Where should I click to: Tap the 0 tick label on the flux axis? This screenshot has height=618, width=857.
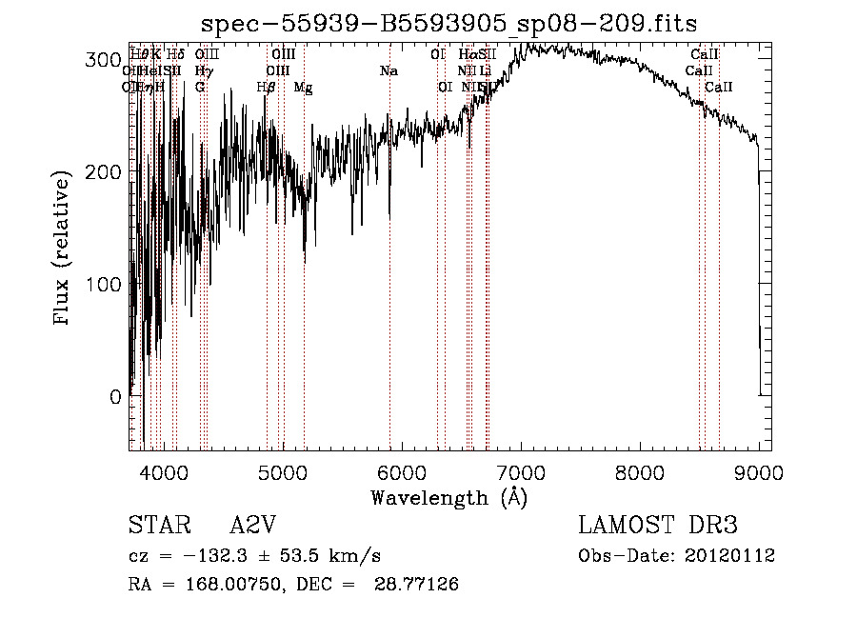114,397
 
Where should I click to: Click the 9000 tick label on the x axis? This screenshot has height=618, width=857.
758,472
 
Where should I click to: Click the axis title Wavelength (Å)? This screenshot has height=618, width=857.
448,498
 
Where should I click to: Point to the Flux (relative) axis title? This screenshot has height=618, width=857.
64,249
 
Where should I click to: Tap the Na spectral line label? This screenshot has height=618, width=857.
389,71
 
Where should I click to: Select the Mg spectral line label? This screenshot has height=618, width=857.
303,88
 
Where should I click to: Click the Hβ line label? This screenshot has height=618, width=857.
266,88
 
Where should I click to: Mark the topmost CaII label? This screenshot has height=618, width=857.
705,55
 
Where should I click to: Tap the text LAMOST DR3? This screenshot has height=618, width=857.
657,526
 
